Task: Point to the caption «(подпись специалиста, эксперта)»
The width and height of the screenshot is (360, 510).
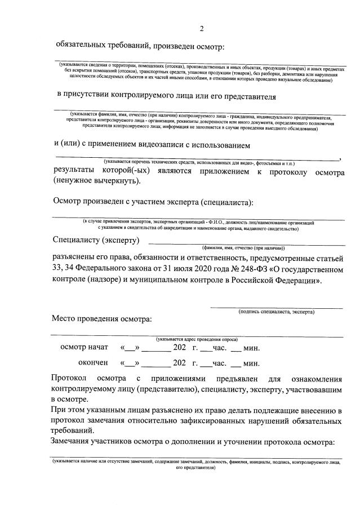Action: click(x=276, y=312)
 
